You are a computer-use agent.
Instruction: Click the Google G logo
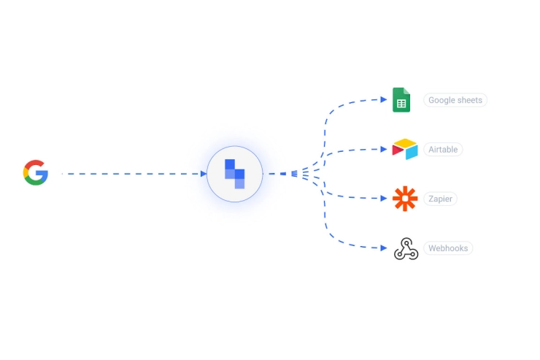36,172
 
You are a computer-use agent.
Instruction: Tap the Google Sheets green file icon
401,100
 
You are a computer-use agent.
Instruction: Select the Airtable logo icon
405,149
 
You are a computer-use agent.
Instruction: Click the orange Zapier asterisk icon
405,199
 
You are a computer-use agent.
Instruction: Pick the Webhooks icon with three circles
406,248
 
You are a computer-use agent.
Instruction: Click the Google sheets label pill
455,100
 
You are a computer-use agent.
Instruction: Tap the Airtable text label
443,150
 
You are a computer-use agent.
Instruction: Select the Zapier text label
440,199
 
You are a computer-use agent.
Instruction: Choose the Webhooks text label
448,248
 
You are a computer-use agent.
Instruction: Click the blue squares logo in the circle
234,174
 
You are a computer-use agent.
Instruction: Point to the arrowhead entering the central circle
204,174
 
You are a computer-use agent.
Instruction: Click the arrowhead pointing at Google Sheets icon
384,99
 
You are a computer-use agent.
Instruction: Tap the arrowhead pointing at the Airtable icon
384,149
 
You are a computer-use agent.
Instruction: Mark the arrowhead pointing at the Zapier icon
384,199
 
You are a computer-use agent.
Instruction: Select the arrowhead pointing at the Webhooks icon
384,248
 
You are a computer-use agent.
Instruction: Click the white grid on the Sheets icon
401,104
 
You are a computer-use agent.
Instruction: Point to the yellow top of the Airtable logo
406,142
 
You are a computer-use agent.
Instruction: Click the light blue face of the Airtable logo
412,153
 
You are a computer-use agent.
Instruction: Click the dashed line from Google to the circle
133,174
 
